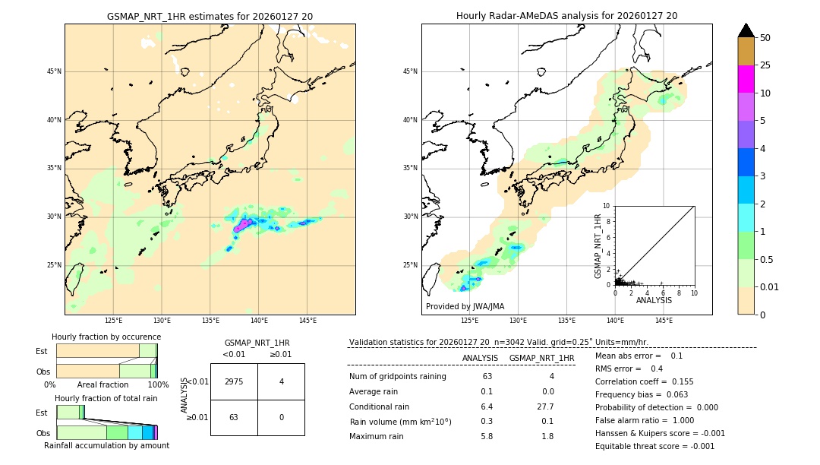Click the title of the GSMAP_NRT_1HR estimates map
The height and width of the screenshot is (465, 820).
pos(210,16)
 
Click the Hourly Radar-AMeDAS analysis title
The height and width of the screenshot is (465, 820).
pos(566,16)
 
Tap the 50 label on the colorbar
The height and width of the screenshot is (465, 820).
pos(765,38)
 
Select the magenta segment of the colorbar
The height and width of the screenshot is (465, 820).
pos(746,79)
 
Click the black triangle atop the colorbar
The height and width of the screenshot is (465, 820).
pos(746,30)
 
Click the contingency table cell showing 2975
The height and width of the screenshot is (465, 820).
pos(234,381)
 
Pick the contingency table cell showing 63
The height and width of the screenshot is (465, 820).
pos(234,417)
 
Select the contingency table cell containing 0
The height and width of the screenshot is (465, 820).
pos(281,417)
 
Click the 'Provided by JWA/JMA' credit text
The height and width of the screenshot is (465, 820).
pos(465,306)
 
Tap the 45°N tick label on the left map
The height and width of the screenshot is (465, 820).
pos(54,71)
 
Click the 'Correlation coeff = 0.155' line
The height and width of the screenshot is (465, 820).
pos(644,381)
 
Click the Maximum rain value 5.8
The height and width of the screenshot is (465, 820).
pos(487,436)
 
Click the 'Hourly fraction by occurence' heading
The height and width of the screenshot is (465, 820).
pos(106,337)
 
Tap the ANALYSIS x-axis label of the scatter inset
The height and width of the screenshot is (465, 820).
pos(654,300)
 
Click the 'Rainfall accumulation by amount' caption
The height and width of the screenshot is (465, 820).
pos(106,445)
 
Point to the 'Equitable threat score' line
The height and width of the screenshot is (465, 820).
pos(654,446)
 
